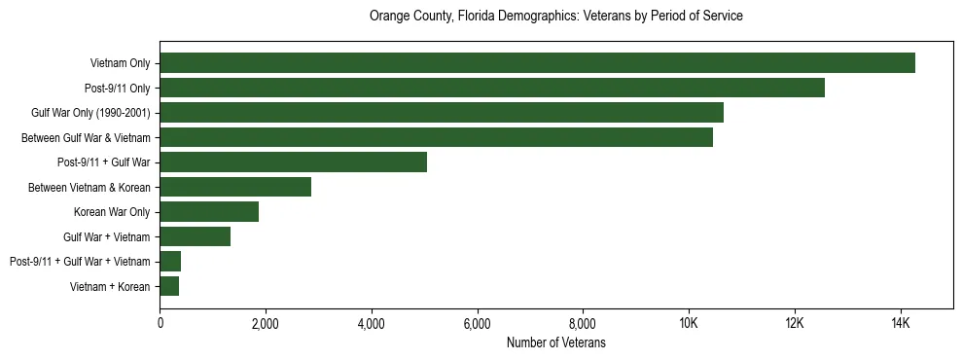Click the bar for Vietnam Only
[x=537, y=63]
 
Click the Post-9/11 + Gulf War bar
[x=293, y=162]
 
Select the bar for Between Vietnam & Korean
[x=235, y=187]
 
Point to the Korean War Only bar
[x=209, y=212]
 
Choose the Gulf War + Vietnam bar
[x=196, y=236]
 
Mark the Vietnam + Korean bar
[x=169, y=286]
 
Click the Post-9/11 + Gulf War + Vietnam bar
[x=170, y=262]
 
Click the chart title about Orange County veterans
[x=555, y=17]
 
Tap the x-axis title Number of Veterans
[x=555, y=342]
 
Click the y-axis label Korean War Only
[x=112, y=212]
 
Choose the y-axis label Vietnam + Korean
[x=110, y=286]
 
